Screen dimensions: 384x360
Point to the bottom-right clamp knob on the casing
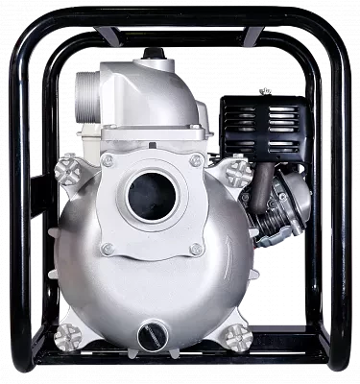(236, 335)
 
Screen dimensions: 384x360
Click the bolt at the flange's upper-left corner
(108, 160)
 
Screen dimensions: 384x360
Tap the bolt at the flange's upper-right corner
(196, 160)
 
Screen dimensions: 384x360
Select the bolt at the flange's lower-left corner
(108, 249)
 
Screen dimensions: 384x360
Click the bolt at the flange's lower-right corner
(196, 249)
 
